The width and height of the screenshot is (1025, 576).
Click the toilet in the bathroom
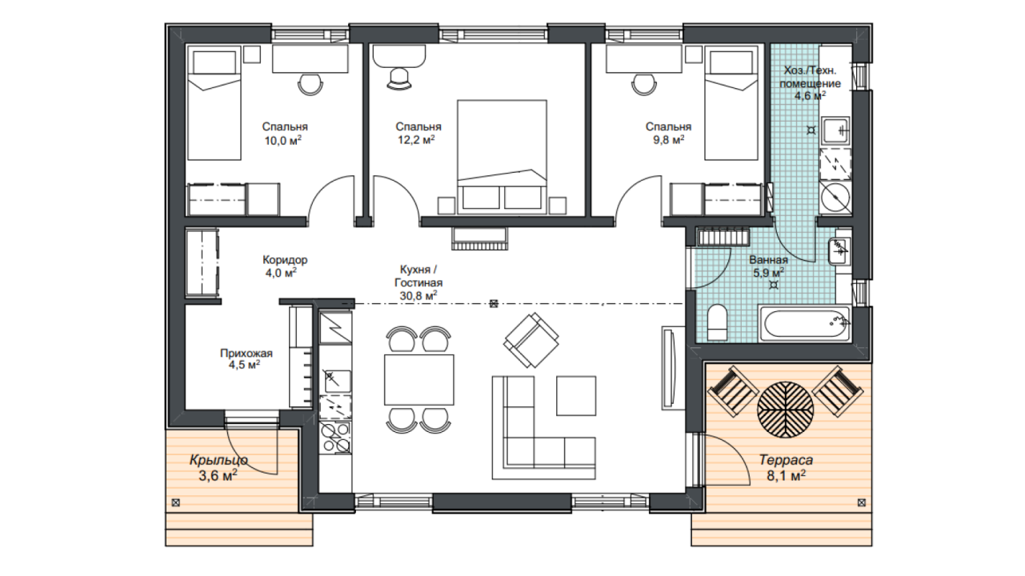(717, 323)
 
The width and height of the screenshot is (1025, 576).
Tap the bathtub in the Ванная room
(804, 324)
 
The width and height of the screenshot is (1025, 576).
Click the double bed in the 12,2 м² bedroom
(502, 157)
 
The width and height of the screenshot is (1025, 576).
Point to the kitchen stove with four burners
(335, 438)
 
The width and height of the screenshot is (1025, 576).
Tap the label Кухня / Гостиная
(418, 276)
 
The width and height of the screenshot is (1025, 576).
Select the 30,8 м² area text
(418, 296)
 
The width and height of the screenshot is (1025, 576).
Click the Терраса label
(786, 459)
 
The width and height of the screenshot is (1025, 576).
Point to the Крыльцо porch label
(218, 459)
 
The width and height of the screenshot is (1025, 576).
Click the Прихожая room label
(246, 353)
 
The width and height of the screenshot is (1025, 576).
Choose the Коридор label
(285, 260)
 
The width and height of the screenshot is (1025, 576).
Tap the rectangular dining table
(419, 380)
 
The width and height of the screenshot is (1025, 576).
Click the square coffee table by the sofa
(576, 395)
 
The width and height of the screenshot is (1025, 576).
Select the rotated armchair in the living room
(531, 340)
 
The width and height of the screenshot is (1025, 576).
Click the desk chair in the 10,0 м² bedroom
(310, 84)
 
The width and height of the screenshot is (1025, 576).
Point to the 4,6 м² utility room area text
(810, 96)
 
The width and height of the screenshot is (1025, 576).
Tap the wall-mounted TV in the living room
(668, 368)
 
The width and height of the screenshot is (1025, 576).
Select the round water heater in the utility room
(835, 197)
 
